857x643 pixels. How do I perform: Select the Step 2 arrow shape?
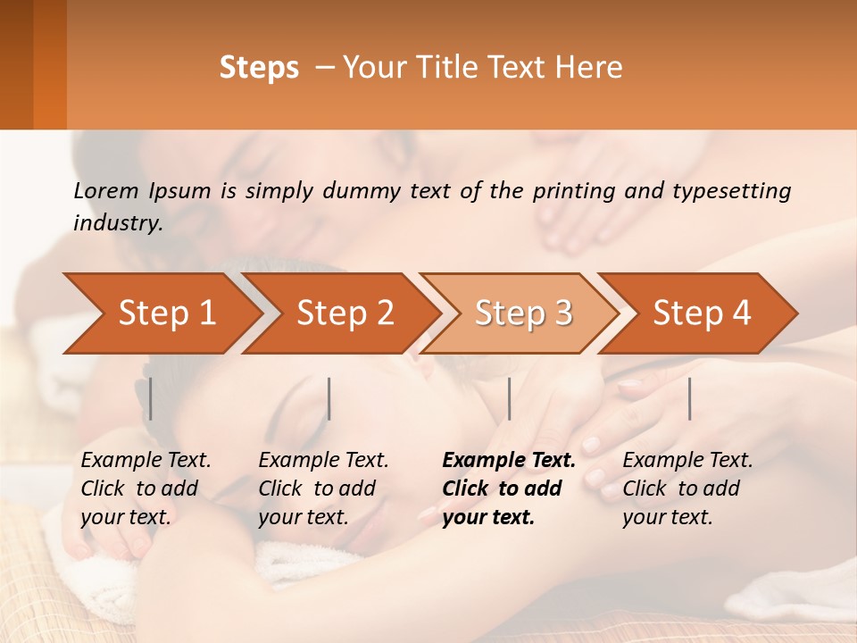click(x=339, y=313)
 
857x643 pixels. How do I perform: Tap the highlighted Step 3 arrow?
click(x=518, y=313)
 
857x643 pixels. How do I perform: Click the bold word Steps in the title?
click(x=259, y=68)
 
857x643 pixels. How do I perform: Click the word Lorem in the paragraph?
click(x=104, y=190)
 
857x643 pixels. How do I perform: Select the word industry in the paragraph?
click(x=118, y=222)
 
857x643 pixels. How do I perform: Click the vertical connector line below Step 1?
click(x=151, y=398)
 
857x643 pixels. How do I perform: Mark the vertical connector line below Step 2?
click(x=329, y=398)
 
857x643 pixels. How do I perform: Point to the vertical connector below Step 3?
click(x=509, y=398)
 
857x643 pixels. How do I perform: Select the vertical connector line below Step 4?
click(x=689, y=398)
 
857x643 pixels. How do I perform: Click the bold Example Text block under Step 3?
click(x=509, y=489)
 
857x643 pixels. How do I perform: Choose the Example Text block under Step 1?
click(x=146, y=489)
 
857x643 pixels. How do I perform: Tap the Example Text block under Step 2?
click(x=323, y=489)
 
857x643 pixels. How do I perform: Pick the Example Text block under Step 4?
click(x=687, y=489)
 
